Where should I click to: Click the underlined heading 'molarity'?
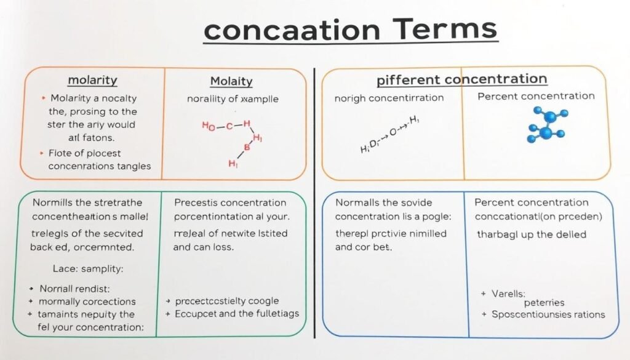92,81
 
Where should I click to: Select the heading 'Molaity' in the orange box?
231,81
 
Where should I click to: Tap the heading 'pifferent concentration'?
461,79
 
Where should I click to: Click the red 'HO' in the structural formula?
209,127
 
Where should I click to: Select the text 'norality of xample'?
233,98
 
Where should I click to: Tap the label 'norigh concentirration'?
389,98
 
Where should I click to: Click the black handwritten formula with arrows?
389,135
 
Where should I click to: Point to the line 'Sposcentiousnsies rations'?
548,314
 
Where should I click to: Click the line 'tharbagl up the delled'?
532,234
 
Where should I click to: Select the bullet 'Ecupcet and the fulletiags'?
237,313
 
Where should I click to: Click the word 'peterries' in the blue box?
544,303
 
